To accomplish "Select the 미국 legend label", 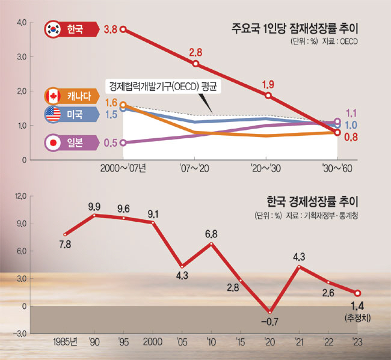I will click(x=75, y=114).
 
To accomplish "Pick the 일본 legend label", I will click(x=75, y=143).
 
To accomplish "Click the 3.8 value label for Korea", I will click(x=109, y=29).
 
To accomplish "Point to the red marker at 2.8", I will click(x=196, y=64).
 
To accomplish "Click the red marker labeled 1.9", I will click(x=268, y=96).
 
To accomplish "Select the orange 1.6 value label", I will click(x=111, y=103).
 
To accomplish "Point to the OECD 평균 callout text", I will click(x=162, y=86).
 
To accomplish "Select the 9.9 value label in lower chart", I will click(x=94, y=206).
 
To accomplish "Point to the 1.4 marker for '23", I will click(x=358, y=293).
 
